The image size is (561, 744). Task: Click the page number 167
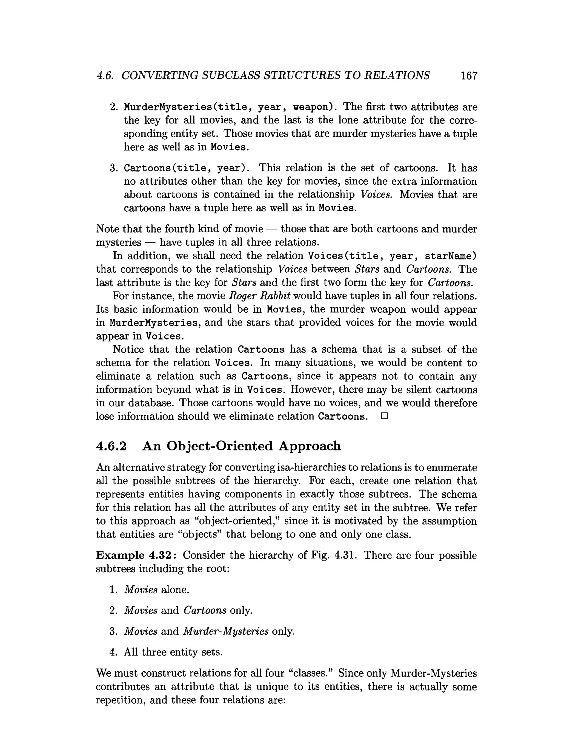point(469,76)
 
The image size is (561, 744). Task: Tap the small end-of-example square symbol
point(384,416)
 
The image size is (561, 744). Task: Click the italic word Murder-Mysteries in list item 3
point(226,631)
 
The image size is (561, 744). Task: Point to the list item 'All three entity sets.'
point(173,652)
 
